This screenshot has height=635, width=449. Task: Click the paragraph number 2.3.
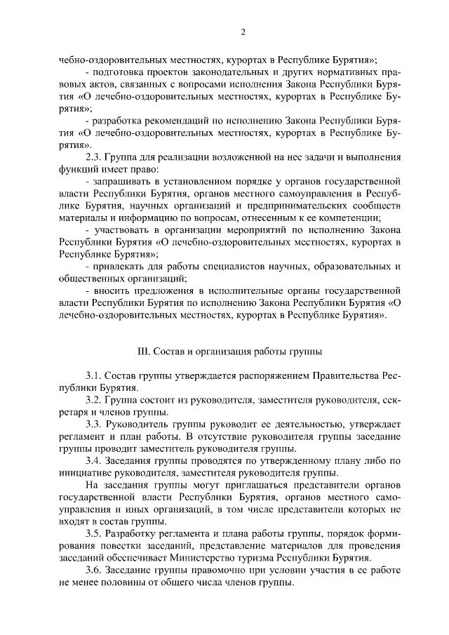point(94,156)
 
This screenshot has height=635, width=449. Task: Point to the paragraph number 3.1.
point(94,376)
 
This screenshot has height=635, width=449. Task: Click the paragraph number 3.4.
point(94,460)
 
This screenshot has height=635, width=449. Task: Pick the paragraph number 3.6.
point(94,570)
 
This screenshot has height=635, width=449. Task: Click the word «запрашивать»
point(121,181)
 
